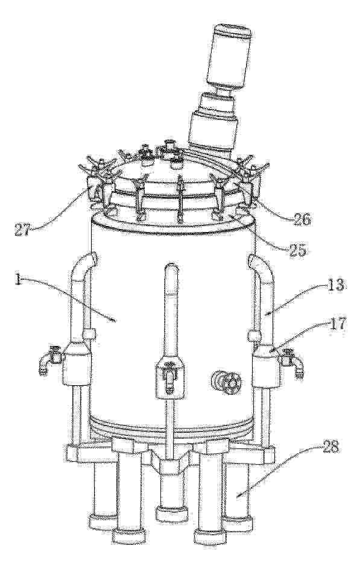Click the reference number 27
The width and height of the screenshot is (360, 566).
coord(24,230)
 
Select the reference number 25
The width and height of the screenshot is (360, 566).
coord(296,249)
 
